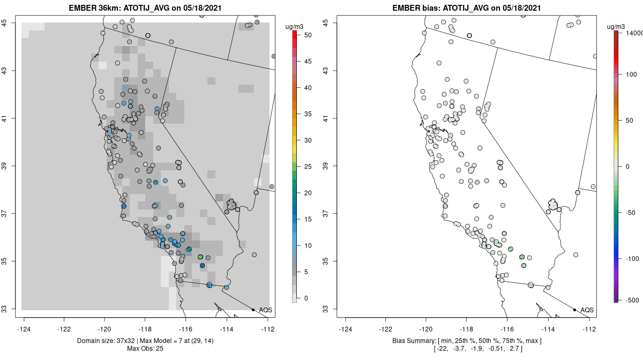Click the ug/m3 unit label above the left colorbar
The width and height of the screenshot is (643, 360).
[295, 25]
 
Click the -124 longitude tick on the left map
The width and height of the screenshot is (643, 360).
[25, 329]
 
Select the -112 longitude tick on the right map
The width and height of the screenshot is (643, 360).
[589, 329]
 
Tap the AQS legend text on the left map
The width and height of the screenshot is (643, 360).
[265, 310]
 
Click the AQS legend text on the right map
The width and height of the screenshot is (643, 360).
[587, 310]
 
